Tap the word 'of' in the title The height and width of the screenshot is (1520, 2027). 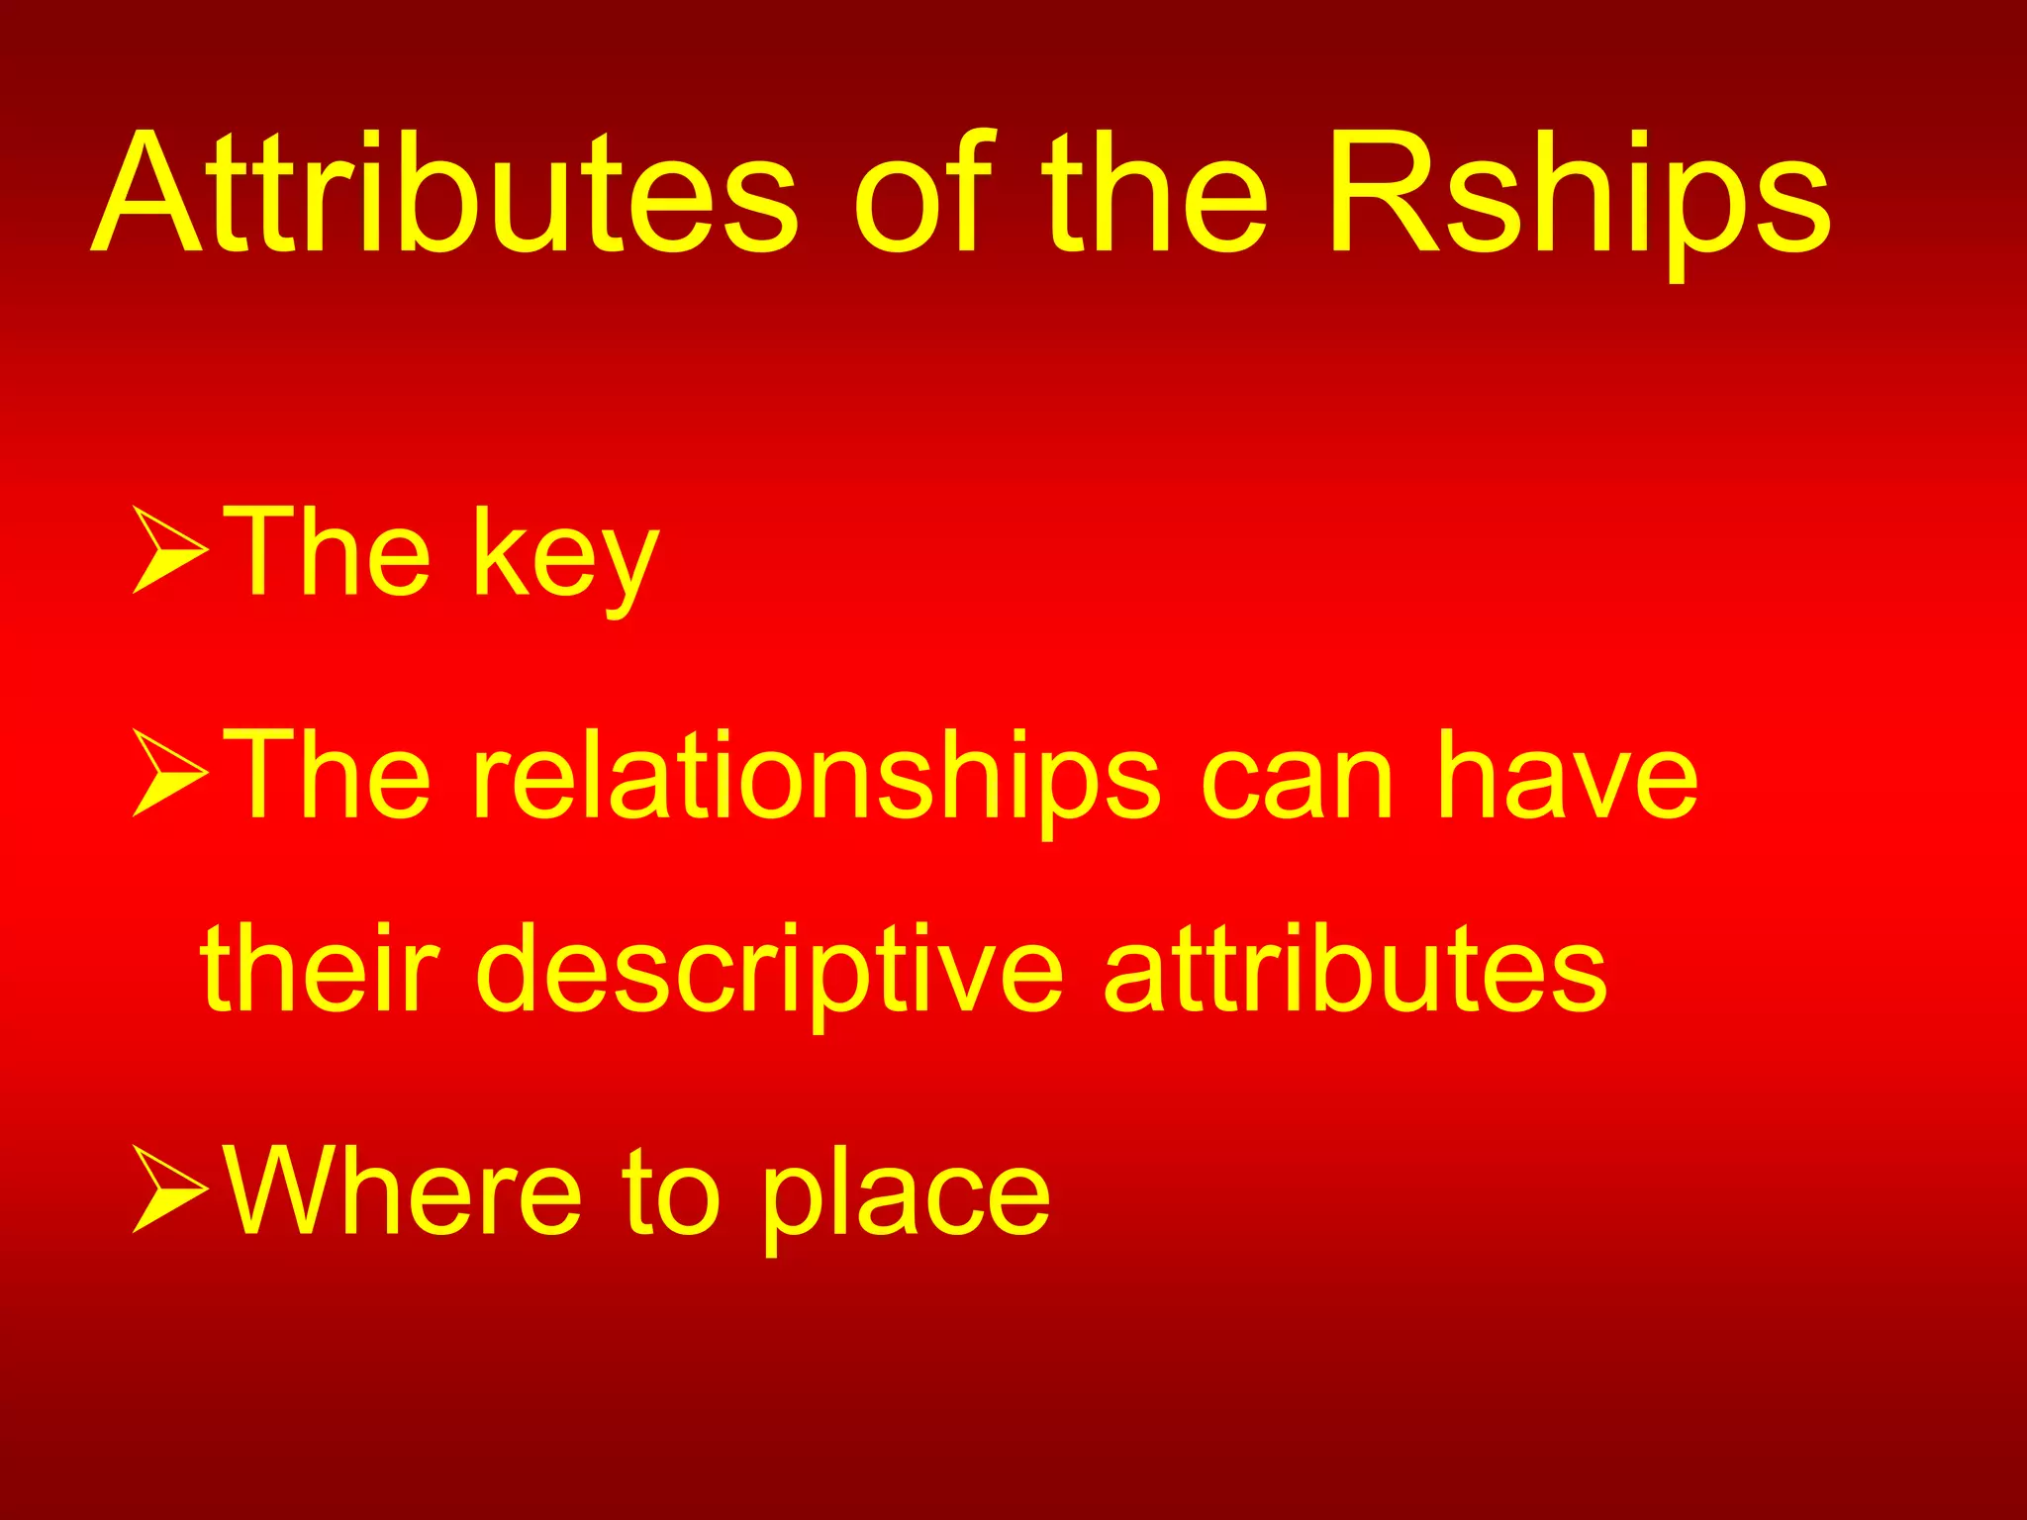tap(922, 193)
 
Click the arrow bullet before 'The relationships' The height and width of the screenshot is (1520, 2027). tap(168, 773)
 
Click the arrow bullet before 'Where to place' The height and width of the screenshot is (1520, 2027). tap(168, 1189)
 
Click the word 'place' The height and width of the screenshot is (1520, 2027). tap(905, 1197)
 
